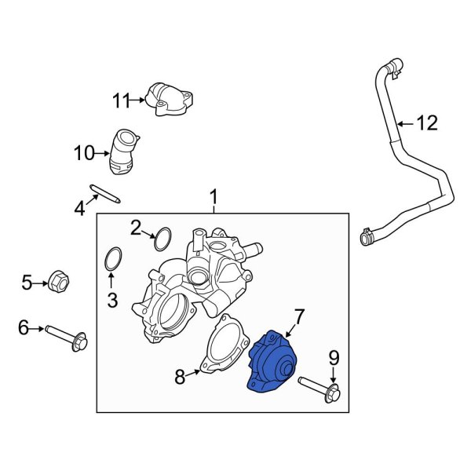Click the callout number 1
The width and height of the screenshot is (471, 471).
tap(213, 195)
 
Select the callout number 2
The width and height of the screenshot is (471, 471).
tap(136, 228)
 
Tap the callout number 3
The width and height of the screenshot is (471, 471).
tap(112, 299)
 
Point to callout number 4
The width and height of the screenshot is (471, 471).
tap(79, 208)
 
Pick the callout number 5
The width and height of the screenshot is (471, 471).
tap(27, 282)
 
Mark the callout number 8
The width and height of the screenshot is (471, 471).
tap(180, 378)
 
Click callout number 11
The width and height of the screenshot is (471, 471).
tap(120, 100)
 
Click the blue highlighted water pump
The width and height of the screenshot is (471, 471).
tap(272, 360)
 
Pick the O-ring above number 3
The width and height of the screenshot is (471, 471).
tap(113, 259)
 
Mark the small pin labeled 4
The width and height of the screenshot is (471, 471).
tap(104, 192)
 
